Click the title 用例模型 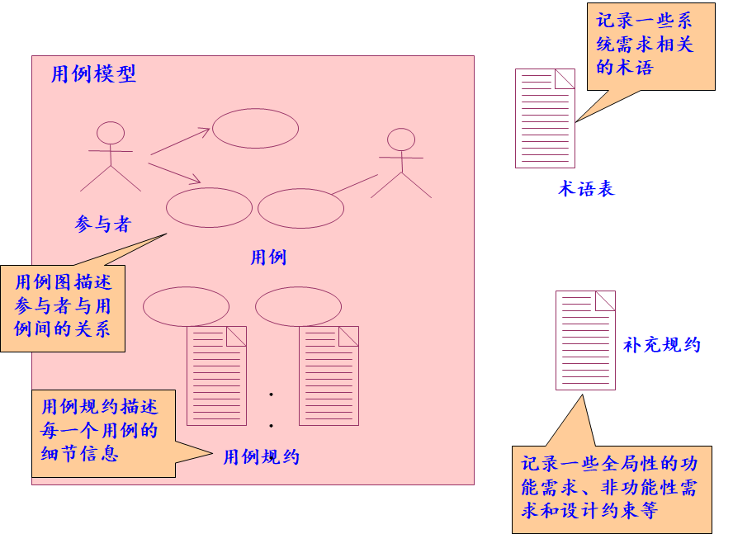(93, 74)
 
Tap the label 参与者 (103, 224)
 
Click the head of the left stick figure (111, 133)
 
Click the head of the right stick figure (401, 139)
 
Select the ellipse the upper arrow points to (255, 128)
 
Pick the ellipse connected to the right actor (300, 208)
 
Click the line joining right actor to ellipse (355, 184)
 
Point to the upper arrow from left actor (180, 141)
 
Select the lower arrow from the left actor (174, 173)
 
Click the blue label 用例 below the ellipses (268, 258)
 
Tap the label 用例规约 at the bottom (262, 457)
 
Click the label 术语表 (586, 189)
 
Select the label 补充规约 (662, 345)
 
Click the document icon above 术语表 (545, 118)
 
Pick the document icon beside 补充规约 (585, 340)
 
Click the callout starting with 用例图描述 (63, 308)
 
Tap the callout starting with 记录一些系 (650, 46)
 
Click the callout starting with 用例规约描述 (103, 433)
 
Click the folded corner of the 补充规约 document (605, 300)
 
